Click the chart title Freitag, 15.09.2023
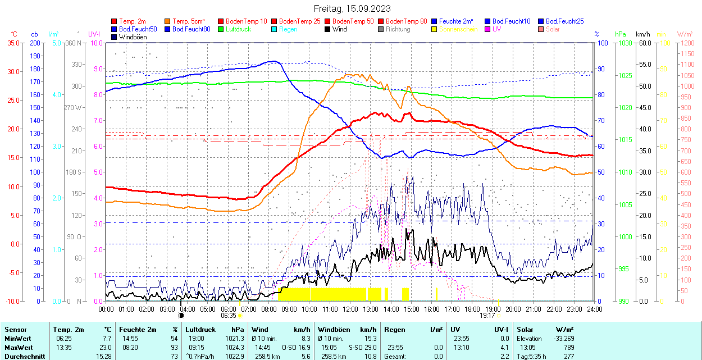[x=352, y=9]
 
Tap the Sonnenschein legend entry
[x=458, y=29]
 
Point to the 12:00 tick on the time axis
[x=350, y=309]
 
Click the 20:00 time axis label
[x=513, y=309]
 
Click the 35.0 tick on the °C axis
[x=12, y=43]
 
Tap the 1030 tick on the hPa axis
[x=623, y=43]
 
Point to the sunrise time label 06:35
[x=229, y=316]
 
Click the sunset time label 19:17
[x=487, y=316]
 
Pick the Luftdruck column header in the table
[x=200, y=330]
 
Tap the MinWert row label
[x=17, y=338]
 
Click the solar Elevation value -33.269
[x=563, y=338]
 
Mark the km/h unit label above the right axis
[x=642, y=34]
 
